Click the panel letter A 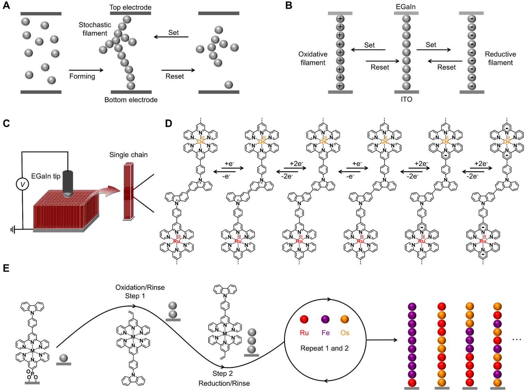click(6, 6)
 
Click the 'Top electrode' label click(130, 7)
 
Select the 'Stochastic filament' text click(95, 29)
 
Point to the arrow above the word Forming click(86, 70)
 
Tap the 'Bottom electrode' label click(131, 100)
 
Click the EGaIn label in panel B click(406, 7)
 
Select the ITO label click(406, 99)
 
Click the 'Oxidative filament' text click(313, 58)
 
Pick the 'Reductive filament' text click(500, 58)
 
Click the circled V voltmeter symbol click(23, 184)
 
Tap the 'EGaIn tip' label click(46, 176)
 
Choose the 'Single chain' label click(128, 155)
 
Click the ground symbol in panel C click(12, 229)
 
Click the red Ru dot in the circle click(304, 319)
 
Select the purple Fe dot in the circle click(325, 319)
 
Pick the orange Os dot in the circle click(345, 319)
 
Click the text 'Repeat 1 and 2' click(324, 348)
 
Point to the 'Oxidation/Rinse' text click(140, 287)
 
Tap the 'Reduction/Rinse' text click(224, 383)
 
